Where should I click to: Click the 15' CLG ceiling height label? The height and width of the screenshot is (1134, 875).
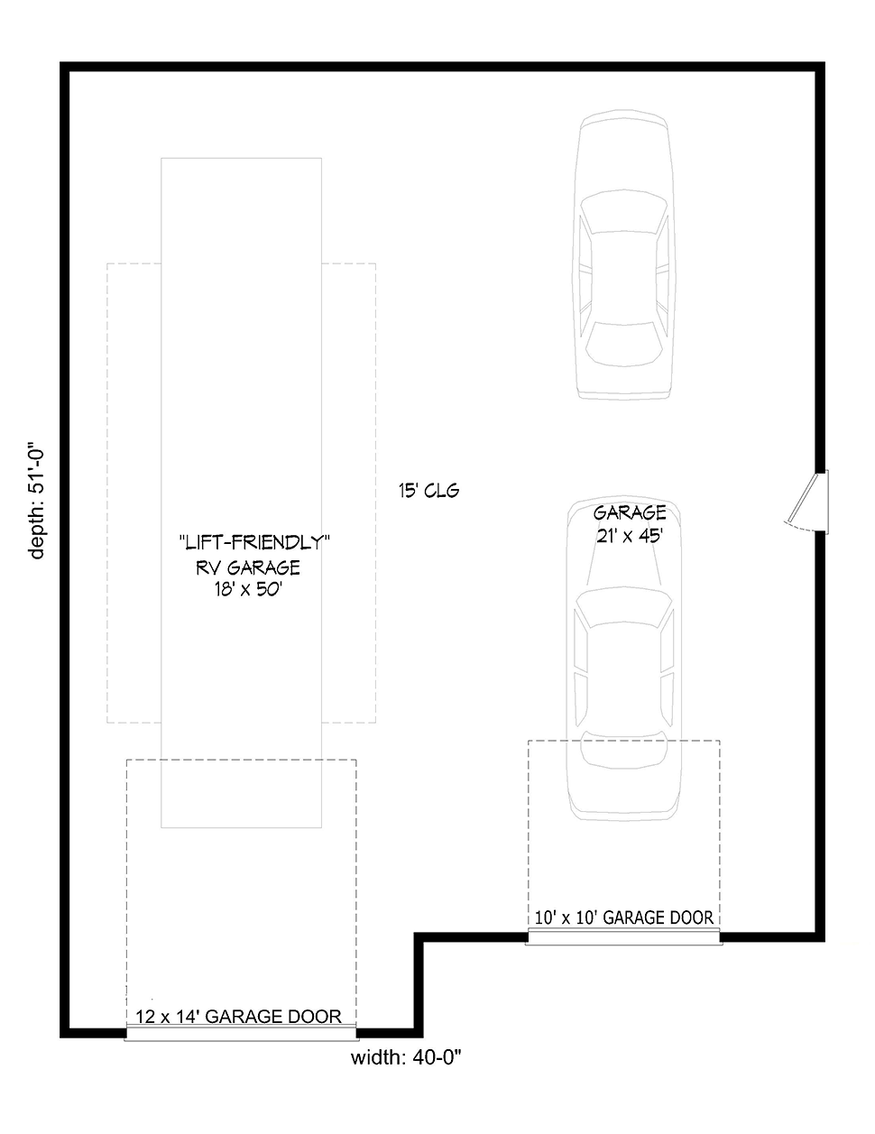(428, 491)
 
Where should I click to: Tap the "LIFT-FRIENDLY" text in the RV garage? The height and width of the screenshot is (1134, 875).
(254, 543)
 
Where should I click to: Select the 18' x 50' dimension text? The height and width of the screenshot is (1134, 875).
(248, 589)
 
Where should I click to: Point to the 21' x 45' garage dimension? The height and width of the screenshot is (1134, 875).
(630, 536)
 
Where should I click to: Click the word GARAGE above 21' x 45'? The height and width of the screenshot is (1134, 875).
(630, 513)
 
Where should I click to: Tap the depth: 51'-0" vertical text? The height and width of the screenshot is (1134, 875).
(36, 504)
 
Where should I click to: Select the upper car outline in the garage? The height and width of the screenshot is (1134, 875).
(624, 254)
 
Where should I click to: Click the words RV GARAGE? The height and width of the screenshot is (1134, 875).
(248, 567)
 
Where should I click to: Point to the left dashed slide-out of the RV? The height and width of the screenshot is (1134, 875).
(134, 493)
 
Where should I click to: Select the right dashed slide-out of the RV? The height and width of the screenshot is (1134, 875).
(348, 493)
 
